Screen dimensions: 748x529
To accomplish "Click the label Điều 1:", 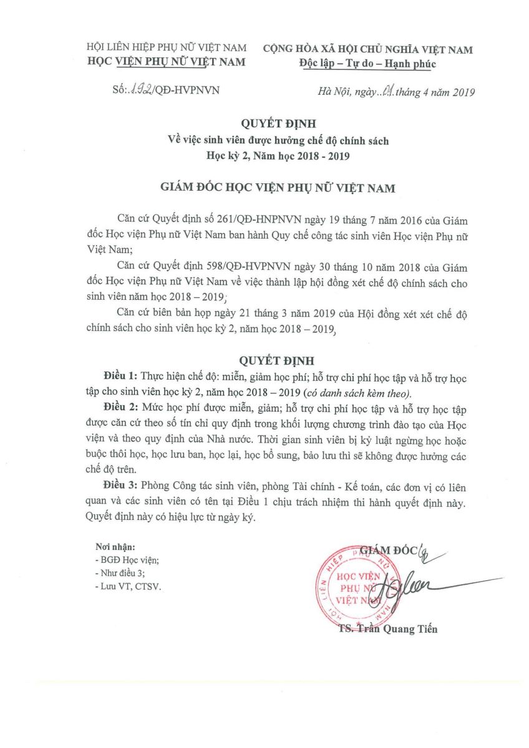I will pos(120,377).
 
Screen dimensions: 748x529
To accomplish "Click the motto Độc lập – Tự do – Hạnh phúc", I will pos(367,64).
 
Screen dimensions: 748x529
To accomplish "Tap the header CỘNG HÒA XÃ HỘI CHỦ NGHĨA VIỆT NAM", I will pos(367,49).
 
